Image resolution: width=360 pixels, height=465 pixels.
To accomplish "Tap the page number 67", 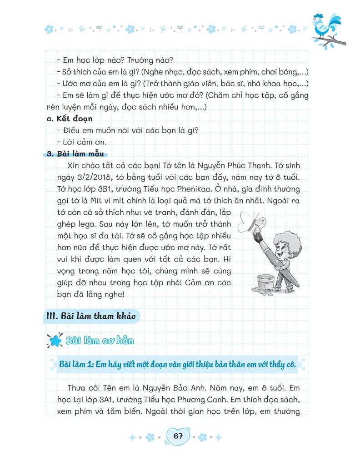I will [178, 436].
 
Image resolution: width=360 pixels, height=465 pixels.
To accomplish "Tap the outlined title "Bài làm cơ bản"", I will [100, 340].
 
